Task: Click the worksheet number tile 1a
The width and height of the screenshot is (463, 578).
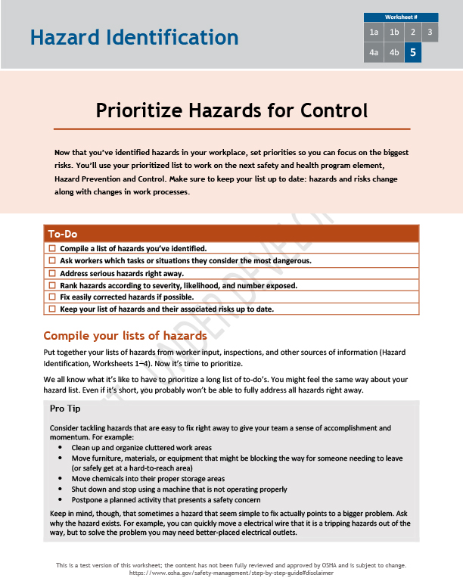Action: coord(374,32)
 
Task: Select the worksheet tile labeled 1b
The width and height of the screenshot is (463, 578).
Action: coord(393,32)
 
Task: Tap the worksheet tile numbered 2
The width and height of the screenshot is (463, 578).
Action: coord(412,32)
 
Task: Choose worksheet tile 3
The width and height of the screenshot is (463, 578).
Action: coord(430,32)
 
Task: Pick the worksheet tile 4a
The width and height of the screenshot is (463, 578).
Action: coord(374,53)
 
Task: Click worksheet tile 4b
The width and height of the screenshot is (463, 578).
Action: coord(393,53)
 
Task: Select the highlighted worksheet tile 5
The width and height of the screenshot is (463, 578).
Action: coord(412,53)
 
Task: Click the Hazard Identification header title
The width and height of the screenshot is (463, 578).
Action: coord(134,37)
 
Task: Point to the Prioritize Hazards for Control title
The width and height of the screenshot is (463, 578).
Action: coord(231,110)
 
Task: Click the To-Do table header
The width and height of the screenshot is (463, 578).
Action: coord(231,234)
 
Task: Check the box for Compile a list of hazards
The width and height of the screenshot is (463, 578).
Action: coord(52,248)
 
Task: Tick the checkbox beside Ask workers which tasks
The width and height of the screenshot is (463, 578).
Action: coord(52,260)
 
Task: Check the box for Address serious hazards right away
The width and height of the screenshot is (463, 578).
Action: coord(52,273)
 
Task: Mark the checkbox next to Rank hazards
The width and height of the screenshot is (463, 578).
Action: coord(52,285)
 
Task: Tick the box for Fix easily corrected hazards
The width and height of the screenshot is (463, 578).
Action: coord(52,297)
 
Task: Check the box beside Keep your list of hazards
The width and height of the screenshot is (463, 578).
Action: coord(52,309)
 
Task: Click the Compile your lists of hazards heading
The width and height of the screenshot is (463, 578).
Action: coord(125,335)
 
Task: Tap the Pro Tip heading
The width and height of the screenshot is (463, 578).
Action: coord(65,409)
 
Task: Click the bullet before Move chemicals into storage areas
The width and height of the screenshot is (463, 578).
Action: coord(61,479)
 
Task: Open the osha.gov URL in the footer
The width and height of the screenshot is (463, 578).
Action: coord(231,573)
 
